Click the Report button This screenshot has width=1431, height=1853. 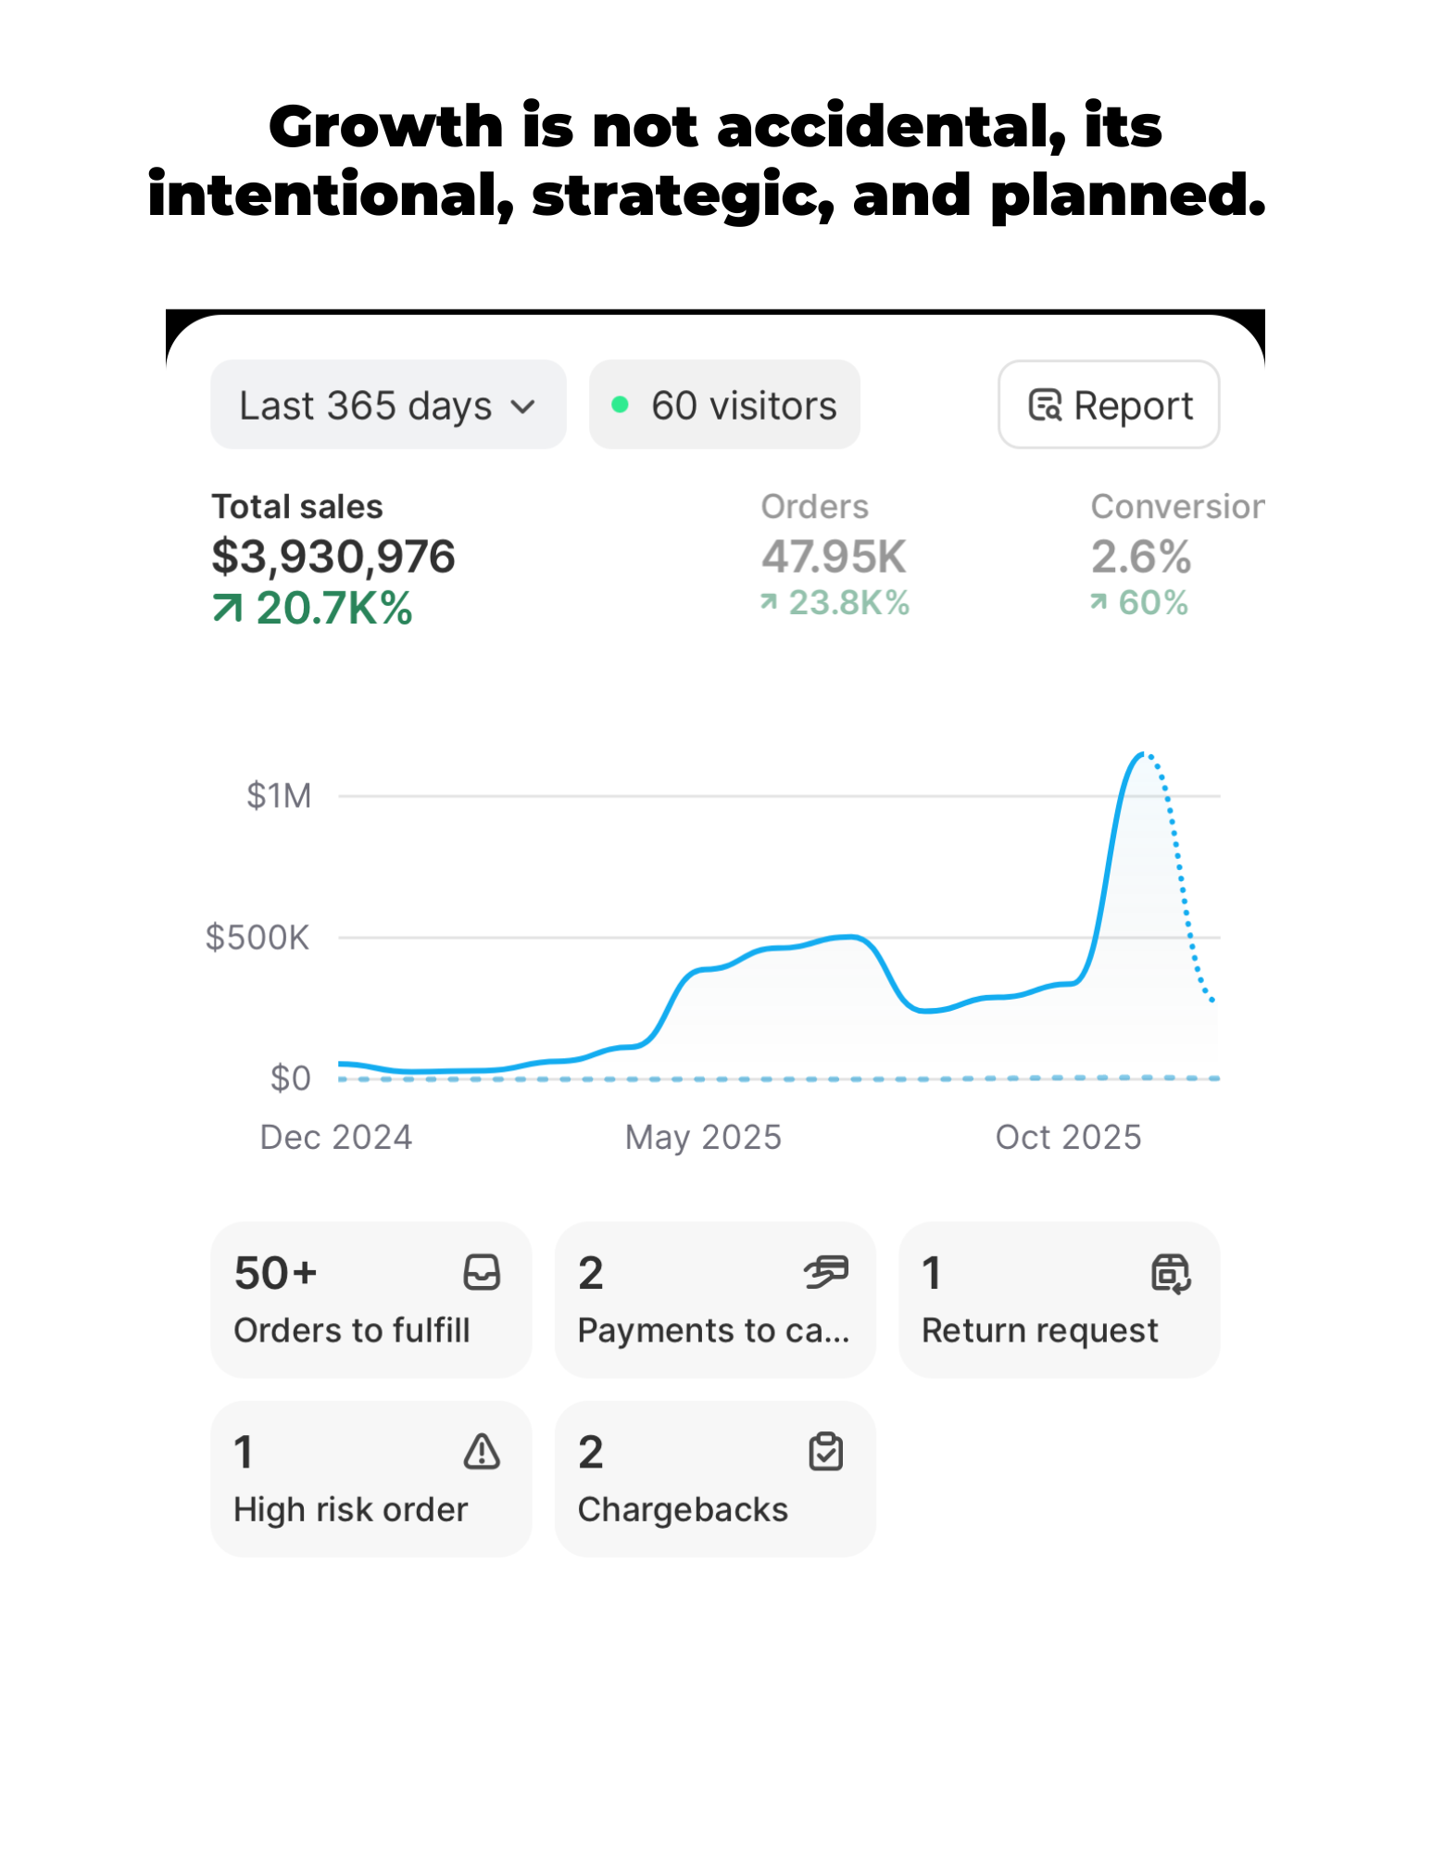coord(1109,405)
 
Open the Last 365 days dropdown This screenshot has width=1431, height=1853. coord(388,405)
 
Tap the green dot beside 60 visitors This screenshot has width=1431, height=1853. coord(621,405)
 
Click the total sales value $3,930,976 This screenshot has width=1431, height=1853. coord(333,557)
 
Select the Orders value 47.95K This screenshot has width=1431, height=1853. coord(834,557)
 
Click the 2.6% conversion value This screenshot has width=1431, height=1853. coord(1141,557)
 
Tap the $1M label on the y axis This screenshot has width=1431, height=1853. coord(279,796)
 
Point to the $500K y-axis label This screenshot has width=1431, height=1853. coord(257,938)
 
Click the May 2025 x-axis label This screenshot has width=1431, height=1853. coord(703,1137)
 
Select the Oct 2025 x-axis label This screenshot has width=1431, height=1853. coord(1068,1137)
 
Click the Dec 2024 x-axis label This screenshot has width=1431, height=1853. coord(336,1137)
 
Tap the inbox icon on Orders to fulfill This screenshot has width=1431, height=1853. coord(482,1273)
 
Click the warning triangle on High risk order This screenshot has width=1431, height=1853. coord(482,1452)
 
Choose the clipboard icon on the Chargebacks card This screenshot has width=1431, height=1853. coord(825,1452)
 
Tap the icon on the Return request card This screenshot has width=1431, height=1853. coord(1171,1273)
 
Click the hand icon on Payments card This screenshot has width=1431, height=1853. coord(825,1272)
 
